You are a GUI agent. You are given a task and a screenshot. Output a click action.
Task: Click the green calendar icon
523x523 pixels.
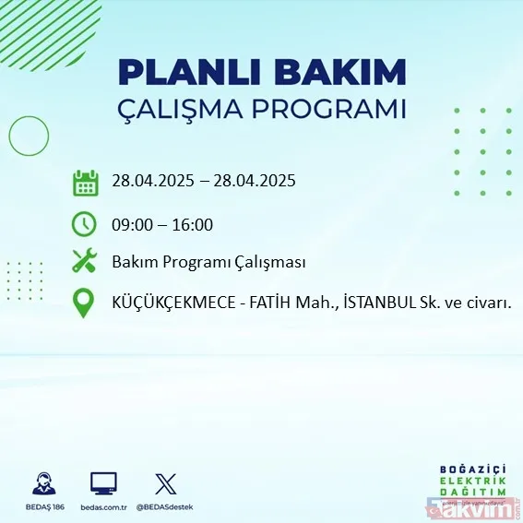[x=85, y=182]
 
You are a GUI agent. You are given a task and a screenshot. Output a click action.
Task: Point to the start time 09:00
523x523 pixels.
[x=131, y=224]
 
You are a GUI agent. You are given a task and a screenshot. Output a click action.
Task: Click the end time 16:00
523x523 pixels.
[x=193, y=224]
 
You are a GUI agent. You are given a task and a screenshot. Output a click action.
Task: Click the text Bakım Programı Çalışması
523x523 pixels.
[x=208, y=262]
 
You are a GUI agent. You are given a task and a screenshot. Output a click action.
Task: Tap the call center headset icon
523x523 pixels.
[x=43, y=483]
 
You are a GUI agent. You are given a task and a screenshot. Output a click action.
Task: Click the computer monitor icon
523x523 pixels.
[x=103, y=483]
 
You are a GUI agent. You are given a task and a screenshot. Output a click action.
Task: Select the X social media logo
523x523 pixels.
[x=165, y=483]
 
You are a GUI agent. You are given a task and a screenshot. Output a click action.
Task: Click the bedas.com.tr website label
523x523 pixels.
[x=103, y=506]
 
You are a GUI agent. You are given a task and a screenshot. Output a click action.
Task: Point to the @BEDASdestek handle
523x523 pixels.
[x=165, y=506]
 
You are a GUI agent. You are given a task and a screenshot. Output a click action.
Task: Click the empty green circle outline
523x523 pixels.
[x=29, y=137]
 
